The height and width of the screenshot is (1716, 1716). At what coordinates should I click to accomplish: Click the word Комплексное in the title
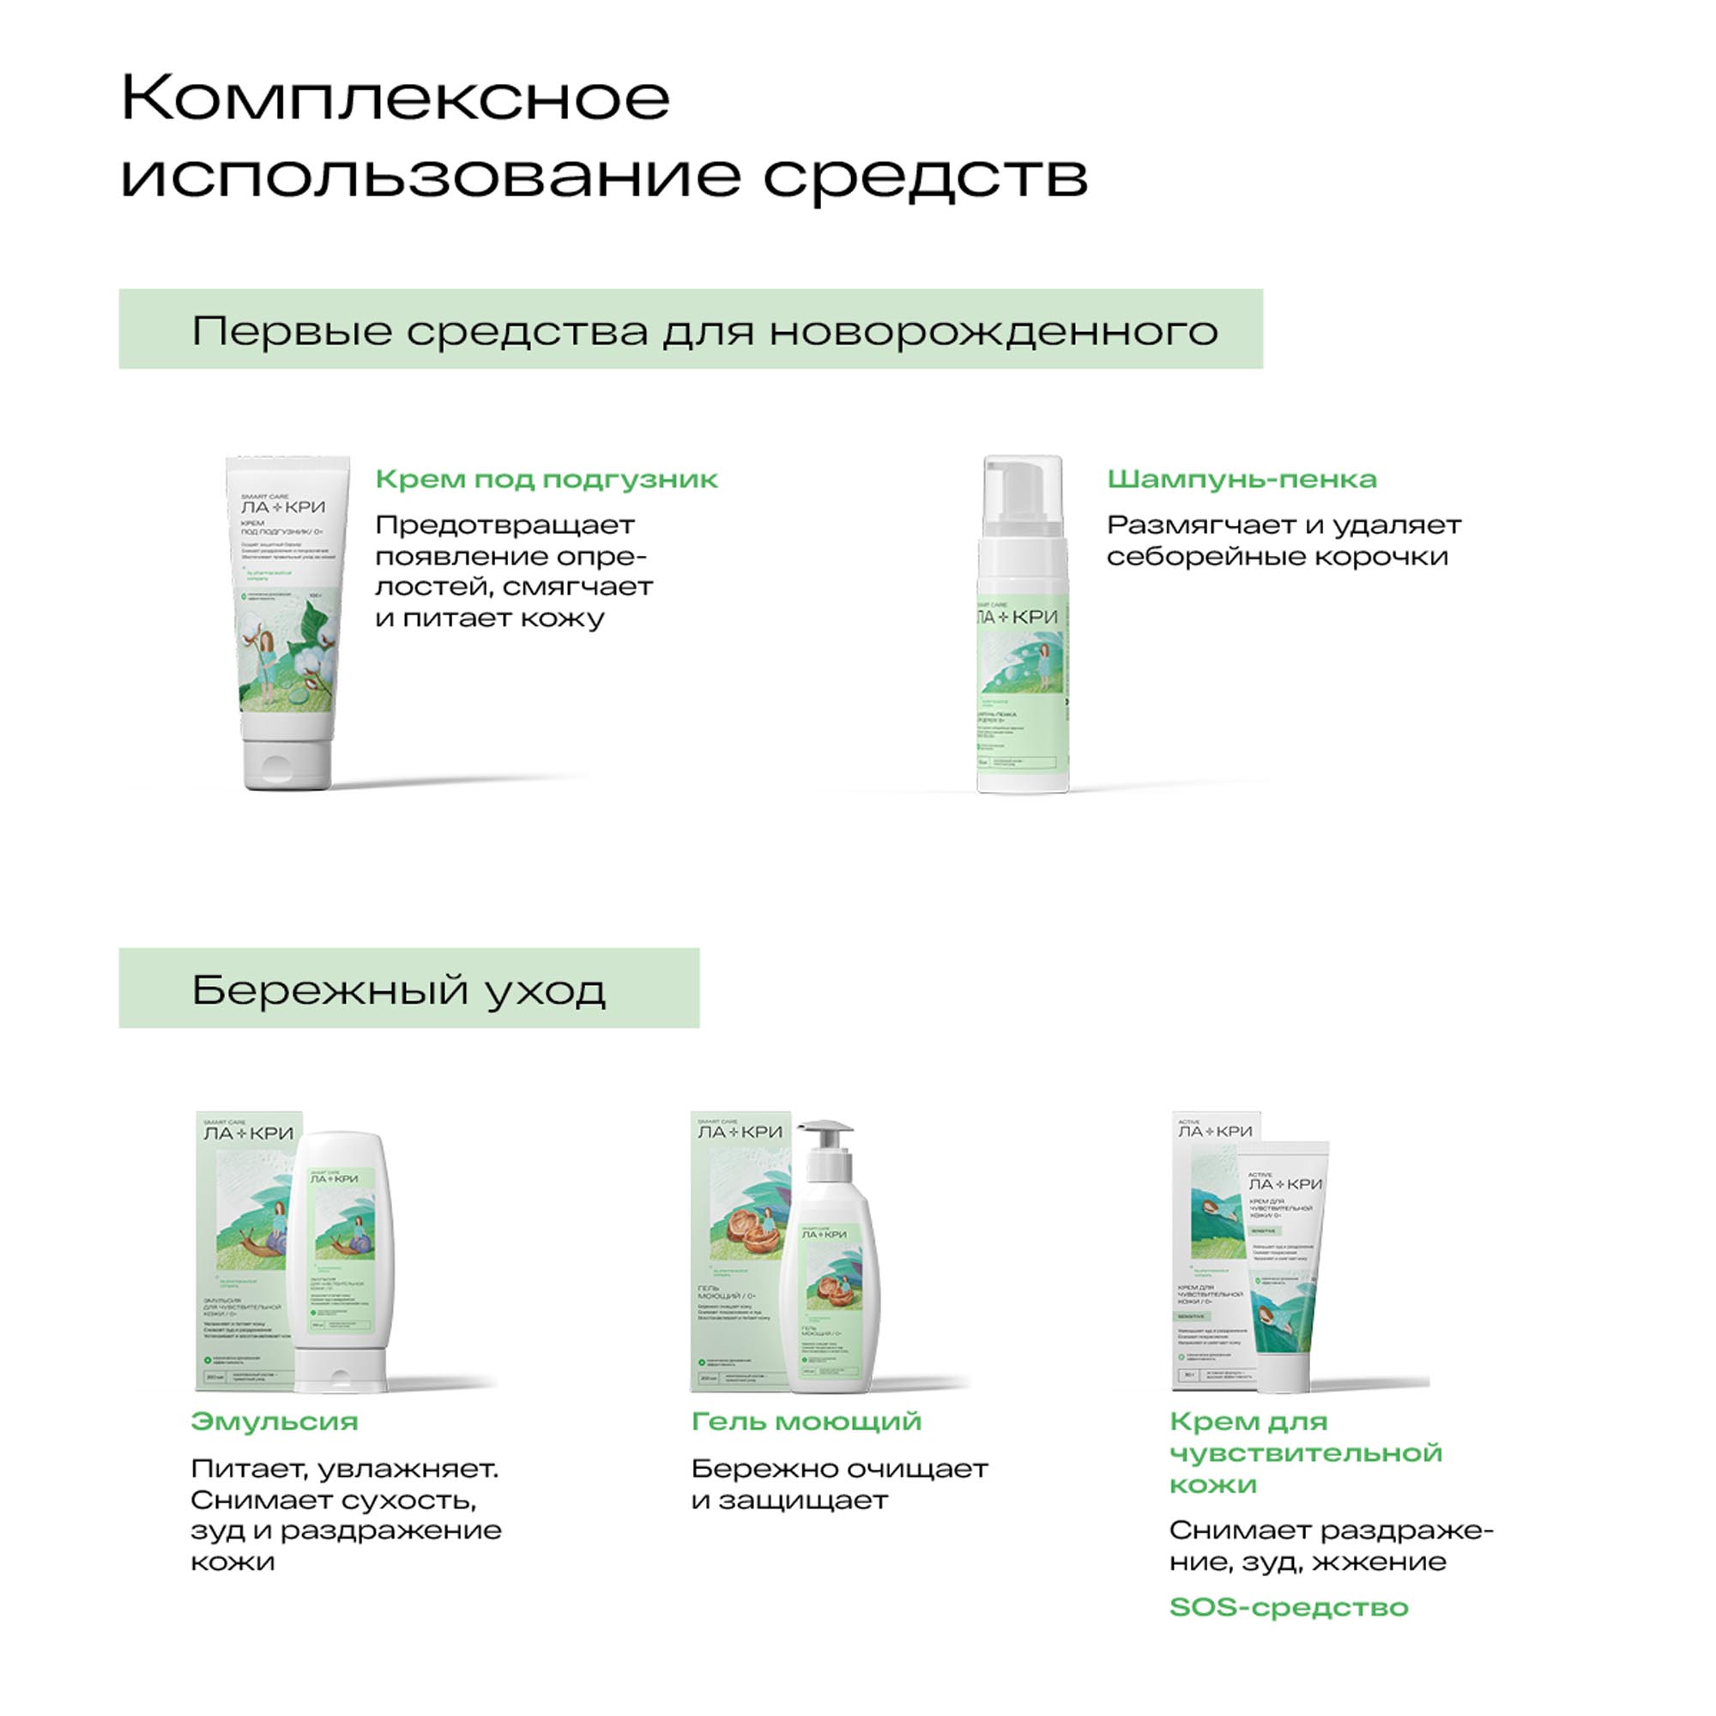396,98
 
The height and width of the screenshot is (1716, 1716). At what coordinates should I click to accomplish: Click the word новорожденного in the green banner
993,331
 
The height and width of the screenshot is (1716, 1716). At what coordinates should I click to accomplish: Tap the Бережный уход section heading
399,989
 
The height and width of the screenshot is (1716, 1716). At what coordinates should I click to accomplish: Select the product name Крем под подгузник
547,480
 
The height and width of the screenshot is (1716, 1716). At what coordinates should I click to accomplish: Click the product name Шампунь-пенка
1241,480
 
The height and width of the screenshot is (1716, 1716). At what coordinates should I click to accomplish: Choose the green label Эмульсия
275,1421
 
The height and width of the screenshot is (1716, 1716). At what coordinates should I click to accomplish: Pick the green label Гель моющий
807,1421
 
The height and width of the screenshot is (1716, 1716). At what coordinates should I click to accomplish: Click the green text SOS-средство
1289,1608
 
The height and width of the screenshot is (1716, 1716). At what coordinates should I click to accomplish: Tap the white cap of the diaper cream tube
287,764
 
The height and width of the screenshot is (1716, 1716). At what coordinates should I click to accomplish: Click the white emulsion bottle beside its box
342,1261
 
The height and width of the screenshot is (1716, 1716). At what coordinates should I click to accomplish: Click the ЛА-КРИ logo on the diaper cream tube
283,507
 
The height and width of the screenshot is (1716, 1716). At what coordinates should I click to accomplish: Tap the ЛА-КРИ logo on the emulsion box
249,1133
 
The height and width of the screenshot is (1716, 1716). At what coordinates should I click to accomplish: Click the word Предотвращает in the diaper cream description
505,525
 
